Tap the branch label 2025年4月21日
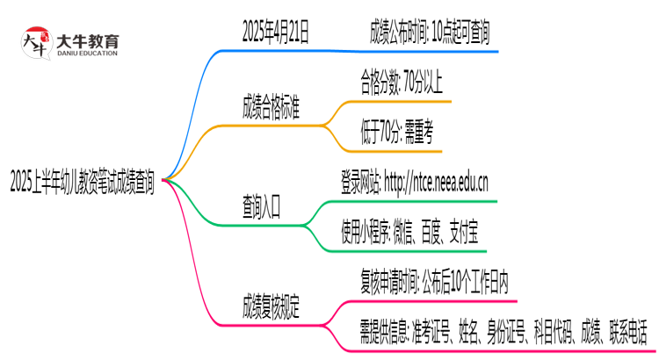(x=275, y=33)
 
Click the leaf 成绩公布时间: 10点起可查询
(x=430, y=33)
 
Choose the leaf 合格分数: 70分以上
(x=401, y=84)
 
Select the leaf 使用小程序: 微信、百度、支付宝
(x=409, y=233)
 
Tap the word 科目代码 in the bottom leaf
(x=551, y=332)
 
